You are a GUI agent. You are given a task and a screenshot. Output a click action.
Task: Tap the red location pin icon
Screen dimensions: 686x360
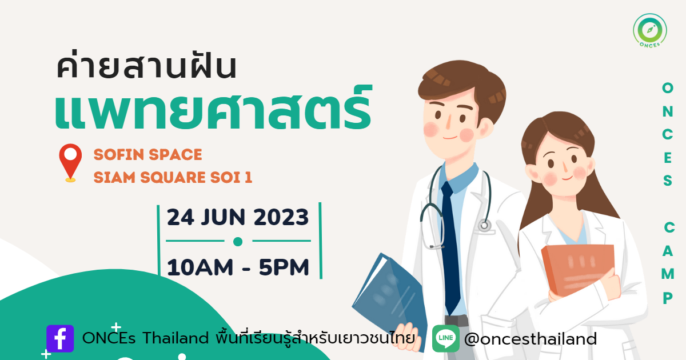pyautogui.click(x=70, y=163)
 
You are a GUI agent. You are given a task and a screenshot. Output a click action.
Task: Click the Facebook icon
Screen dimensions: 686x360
pyautogui.click(x=60, y=338)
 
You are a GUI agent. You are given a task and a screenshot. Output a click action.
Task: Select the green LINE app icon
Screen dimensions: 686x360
pyautogui.click(x=445, y=338)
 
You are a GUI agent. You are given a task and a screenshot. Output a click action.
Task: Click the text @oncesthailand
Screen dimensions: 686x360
pyautogui.click(x=531, y=339)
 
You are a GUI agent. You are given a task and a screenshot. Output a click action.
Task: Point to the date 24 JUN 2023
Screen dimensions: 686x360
pyautogui.click(x=238, y=217)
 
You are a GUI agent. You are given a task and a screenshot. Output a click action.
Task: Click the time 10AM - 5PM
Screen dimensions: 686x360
pyautogui.click(x=238, y=267)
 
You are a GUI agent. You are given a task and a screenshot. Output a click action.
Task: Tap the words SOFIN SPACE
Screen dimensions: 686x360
pyautogui.click(x=147, y=155)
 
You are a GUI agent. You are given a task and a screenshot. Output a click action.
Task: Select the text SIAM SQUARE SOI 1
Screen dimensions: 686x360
pyautogui.click(x=173, y=178)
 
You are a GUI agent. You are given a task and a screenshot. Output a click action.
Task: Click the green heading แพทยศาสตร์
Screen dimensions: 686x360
pyautogui.click(x=213, y=108)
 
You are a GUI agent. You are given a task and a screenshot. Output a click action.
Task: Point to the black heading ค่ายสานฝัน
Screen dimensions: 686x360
pyautogui.click(x=146, y=66)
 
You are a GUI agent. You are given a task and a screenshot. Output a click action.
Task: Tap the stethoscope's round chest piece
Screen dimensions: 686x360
pyautogui.click(x=484, y=226)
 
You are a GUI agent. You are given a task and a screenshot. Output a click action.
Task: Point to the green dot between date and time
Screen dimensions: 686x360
pyautogui.click(x=238, y=242)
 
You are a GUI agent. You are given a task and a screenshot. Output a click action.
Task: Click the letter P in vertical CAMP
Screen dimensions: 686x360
pyautogui.click(x=668, y=298)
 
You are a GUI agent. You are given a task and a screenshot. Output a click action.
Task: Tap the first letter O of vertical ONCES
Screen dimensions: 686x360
pyautogui.click(x=668, y=88)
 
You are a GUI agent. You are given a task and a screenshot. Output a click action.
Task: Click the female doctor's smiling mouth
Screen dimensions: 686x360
pyautogui.click(x=567, y=178)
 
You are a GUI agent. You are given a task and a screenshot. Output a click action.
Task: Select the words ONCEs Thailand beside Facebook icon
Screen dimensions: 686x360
pyautogui.click(x=145, y=338)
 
